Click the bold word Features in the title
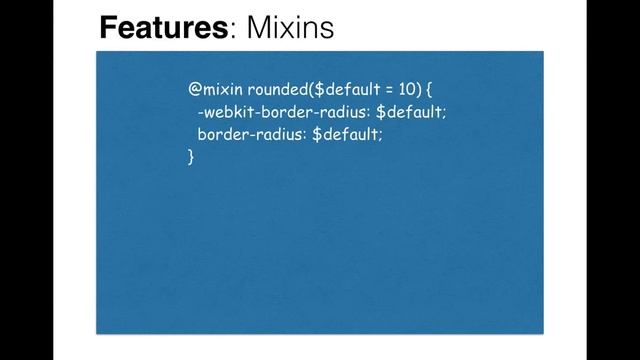[x=163, y=27]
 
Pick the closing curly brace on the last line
[x=191, y=156]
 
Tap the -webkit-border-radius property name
[x=283, y=112]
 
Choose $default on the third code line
[x=346, y=134]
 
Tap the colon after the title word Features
[x=233, y=30]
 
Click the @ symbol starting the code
[x=195, y=89]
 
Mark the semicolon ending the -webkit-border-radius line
[x=444, y=113]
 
